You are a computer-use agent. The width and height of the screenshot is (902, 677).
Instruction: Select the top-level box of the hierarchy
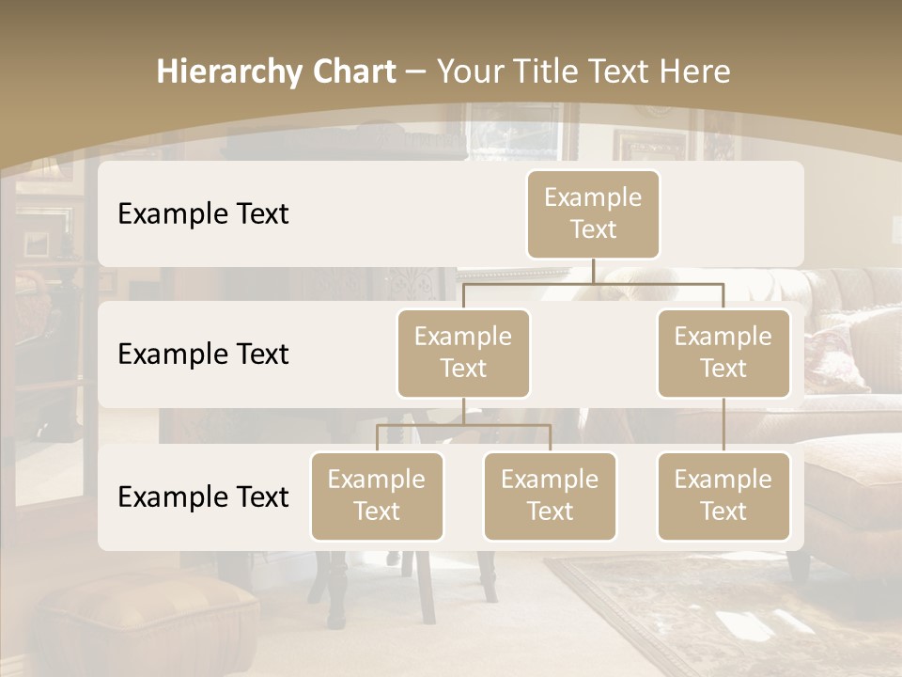click(593, 214)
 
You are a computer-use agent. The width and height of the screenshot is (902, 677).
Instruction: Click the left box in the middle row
click(463, 354)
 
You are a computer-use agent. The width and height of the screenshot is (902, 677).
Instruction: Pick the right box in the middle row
click(723, 354)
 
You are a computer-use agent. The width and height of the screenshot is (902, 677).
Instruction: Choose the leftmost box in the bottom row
click(377, 496)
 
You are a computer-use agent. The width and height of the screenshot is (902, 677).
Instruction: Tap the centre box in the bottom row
click(550, 496)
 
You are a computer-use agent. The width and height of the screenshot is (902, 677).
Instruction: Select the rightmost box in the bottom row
click(723, 496)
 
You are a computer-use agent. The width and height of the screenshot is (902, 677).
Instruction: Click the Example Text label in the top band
click(203, 214)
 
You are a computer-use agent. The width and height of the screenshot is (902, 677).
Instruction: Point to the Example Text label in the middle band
click(203, 354)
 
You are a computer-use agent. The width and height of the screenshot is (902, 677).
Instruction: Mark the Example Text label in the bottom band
click(203, 497)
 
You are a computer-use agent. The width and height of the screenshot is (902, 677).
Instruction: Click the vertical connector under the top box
click(593, 271)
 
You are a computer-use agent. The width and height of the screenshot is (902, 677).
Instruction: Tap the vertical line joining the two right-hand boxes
click(723, 425)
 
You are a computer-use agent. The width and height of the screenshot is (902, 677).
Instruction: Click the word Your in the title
click(466, 72)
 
